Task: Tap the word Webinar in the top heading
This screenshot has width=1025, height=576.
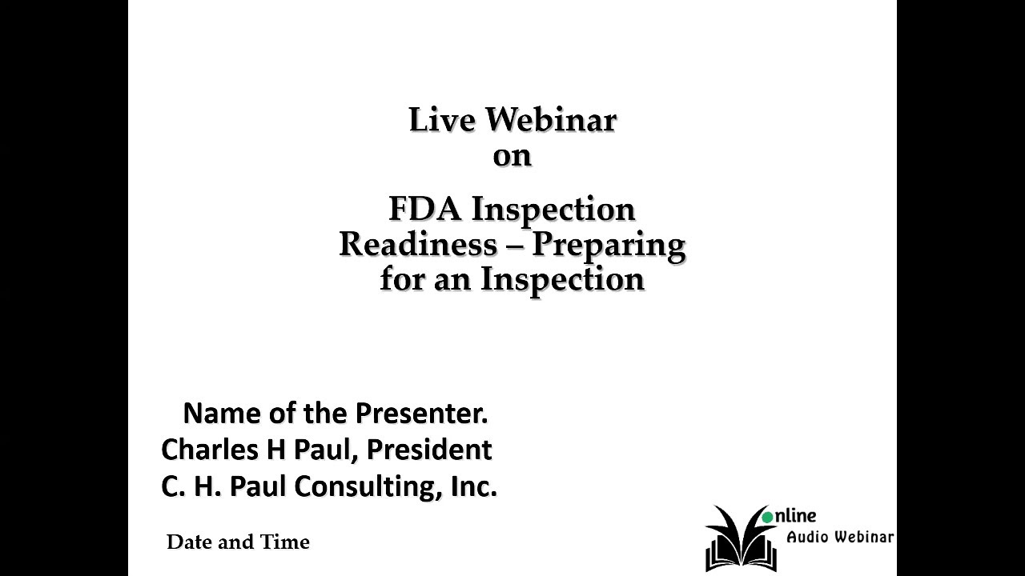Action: (551, 120)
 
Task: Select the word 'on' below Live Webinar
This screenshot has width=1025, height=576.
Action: (512, 155)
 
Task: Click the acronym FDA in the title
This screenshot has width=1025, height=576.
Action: (424, 209)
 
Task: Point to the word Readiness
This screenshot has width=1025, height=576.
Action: (417, 244)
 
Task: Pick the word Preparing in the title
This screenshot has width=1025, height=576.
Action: (609, 245)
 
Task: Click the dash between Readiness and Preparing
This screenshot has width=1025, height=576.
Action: (514, 245)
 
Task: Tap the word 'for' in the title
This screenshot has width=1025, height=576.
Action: (401, 279)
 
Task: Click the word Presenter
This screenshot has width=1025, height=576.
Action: (421, 414)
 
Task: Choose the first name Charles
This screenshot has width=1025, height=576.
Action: (204, 450)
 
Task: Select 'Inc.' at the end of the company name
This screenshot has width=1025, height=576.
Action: (473, 486)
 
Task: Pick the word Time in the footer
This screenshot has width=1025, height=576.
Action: (285, 542)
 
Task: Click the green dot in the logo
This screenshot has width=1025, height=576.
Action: (768, 517)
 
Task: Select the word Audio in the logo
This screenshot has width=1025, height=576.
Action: (807, 537)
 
